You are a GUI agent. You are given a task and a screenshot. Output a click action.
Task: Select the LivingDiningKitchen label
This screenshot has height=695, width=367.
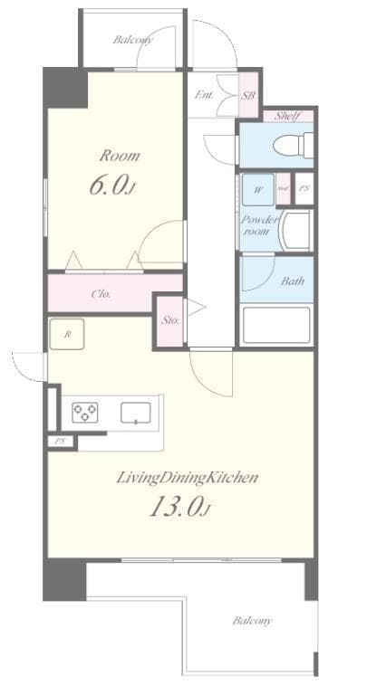(x=187, y=477)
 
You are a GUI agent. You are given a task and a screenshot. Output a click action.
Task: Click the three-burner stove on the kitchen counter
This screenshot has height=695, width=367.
(x=87, y=412)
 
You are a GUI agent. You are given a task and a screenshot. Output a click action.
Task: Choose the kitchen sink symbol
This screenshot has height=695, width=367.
(x=136, y=412)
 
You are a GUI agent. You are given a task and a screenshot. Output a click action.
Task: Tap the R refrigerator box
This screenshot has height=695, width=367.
(x=67, y=334)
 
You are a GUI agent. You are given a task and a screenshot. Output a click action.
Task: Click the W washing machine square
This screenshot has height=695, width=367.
(x=257, y=189)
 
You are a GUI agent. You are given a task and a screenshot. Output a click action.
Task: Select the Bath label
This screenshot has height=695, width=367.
(x=293, y=281)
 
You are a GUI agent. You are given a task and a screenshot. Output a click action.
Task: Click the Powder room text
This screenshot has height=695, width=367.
(x=256, y=224)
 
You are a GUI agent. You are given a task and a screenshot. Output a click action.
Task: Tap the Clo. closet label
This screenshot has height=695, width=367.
(x=101, y=293)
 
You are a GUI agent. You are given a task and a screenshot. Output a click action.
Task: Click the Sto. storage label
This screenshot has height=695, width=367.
(x=169, y=319)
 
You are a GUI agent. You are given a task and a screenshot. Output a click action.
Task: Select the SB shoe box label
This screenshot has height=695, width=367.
(x=247, y=94)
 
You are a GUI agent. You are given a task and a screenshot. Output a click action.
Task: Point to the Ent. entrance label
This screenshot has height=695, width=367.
(x=205, y=94)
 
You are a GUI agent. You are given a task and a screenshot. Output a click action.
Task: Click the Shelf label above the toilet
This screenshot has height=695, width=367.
(x=288, y=115)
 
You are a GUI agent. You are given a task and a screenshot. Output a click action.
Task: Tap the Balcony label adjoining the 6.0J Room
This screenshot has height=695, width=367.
(x=133, y=40)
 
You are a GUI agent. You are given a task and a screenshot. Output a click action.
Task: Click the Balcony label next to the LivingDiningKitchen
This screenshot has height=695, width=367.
(x=252, y=621)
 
